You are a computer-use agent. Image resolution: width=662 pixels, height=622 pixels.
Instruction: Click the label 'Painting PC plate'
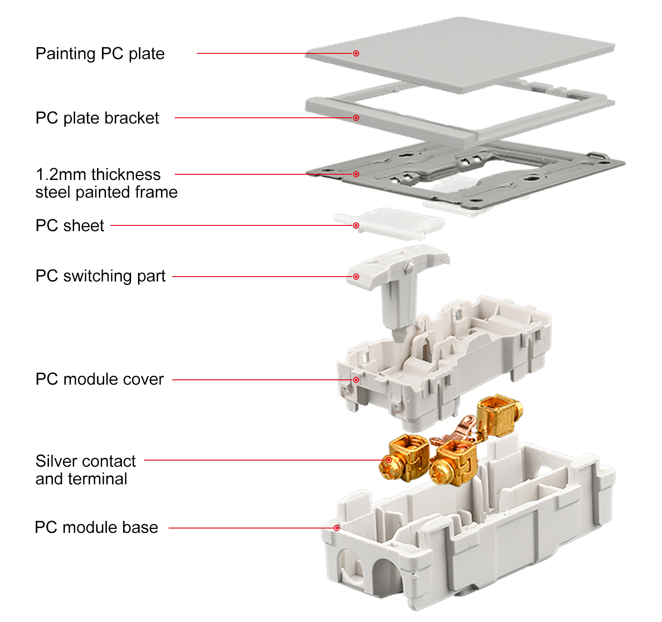coord(100,54)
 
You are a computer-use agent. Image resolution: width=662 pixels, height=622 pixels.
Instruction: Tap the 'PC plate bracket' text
coord(97,118)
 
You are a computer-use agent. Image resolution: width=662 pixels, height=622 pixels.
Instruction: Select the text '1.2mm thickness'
coord(98,175)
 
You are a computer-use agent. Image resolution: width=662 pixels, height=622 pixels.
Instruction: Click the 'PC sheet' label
coord(70,226)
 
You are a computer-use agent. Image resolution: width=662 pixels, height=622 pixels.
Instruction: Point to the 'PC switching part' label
coord(100,276)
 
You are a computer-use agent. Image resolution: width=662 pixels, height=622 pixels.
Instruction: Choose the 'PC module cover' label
coord(99,379)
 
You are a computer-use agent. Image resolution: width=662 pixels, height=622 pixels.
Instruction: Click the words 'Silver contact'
coord(86,461)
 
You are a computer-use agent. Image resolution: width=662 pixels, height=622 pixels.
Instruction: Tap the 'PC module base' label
coord(96,528)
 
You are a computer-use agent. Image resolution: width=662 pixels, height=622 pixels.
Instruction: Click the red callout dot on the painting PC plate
coord(356,53)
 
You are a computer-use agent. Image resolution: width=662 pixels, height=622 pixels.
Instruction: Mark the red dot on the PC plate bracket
coord(356,118)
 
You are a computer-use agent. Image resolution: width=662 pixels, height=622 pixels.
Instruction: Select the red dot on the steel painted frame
coord(356,174)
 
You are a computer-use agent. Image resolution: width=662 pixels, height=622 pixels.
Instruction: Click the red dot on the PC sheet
coord(356,225)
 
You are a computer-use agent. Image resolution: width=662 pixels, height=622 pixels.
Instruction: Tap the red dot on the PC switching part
coord(356,277)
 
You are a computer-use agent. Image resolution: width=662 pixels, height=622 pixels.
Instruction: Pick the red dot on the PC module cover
coord(356,380)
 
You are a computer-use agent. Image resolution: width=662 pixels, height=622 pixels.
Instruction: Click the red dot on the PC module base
coord(336,528)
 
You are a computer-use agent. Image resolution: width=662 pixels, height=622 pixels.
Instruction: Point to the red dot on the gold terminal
coord(388,460)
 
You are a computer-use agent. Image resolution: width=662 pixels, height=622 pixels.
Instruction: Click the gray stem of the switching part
coord(398,309)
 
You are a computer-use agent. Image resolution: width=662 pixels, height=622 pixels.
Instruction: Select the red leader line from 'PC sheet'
coord(229,225)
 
